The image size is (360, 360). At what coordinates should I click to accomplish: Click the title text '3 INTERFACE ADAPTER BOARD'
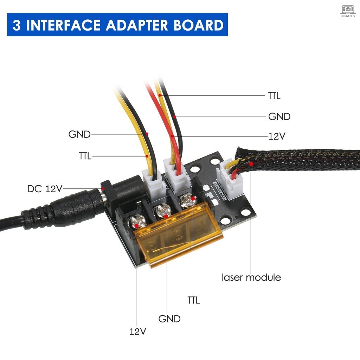click(x=117, y=25)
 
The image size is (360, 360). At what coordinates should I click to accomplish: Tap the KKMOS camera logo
click(x=348, y=10)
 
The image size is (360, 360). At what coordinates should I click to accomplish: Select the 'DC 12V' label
click(x=45, y=189)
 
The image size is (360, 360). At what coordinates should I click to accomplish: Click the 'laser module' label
click(x=251, y=277)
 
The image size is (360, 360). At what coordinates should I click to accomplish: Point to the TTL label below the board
click(x=193, y=300)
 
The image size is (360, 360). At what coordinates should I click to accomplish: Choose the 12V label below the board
click(x=137, y=331)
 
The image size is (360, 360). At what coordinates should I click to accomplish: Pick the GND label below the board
click(x=169, y=319)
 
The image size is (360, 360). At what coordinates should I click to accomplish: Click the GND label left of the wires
click(x=79, y=134)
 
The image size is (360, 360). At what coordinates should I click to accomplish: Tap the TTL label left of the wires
click(x=85, y=156)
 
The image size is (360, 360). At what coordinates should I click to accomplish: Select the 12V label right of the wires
click(x=277, y=136)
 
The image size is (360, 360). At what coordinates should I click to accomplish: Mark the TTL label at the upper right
click(x=274, y=95)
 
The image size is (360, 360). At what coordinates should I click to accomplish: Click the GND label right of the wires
click(x=279, y=116)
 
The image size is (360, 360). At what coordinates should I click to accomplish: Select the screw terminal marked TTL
click(x=186, y=201)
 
